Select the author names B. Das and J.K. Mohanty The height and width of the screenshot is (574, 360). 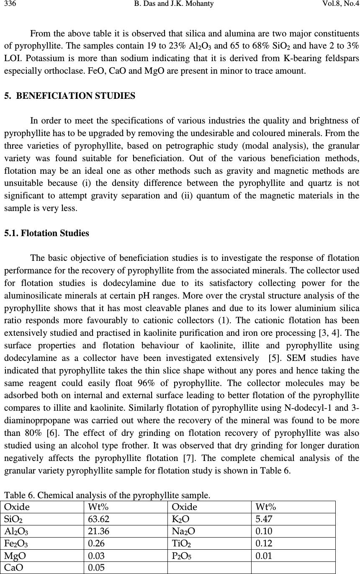click(x=180, y=4)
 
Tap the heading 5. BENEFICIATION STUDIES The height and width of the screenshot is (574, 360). click(x=70, y=96)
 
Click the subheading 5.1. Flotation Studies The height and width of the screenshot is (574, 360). click(x=46, y=233)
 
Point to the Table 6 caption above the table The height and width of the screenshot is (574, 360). click(x=107, y=496)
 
